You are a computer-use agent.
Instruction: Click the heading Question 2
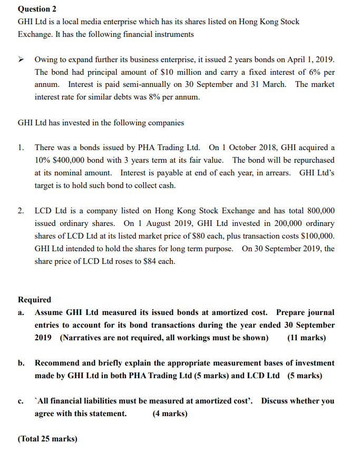click(x=37, y=9)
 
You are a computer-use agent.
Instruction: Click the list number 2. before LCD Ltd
click(x=21, y=211)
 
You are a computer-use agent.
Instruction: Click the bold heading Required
click(x=34, y=300)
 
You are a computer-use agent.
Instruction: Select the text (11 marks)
click(x=306, y=338)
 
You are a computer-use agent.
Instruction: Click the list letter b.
click(x=21, y=363)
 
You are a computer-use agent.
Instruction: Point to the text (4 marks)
click(x=170, y=413)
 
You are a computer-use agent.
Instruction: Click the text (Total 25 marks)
click(x=47, y=438)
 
